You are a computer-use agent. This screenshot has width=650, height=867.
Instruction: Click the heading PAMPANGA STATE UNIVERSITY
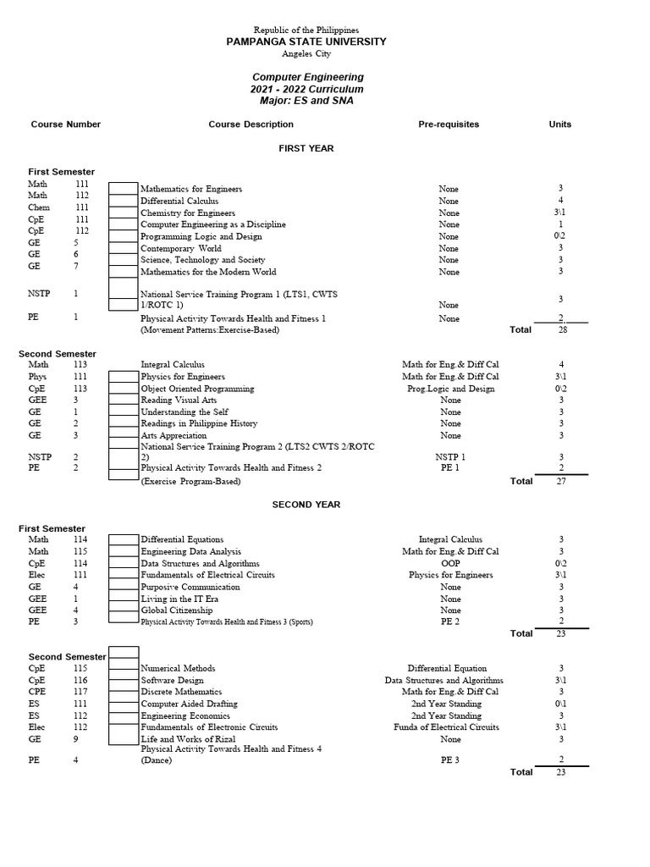coord(306,41)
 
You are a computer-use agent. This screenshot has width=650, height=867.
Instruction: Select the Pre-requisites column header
coord(449,124)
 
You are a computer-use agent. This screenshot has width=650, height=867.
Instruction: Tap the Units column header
coord(559,124)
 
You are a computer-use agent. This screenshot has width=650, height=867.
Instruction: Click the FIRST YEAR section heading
coord(306,148)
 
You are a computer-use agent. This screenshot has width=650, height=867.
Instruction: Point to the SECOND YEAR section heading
coord(306,505)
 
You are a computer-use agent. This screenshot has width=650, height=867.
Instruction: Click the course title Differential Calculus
coord(179,201)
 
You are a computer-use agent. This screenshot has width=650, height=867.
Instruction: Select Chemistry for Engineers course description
coord(188,213)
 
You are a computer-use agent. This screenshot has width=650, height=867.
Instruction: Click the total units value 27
coord(560,481)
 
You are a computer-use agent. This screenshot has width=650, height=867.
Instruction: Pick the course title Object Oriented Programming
coord(197,389)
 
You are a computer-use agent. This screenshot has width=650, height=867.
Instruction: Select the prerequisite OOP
coord(450,563)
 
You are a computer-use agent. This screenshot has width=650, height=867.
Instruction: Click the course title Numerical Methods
coord(178,668)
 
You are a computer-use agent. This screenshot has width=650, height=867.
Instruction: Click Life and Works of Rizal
coord(188,739)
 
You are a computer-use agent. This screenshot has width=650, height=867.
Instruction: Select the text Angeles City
coord(306,53)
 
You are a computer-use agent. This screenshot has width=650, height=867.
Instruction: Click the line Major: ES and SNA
coord(306,101)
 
